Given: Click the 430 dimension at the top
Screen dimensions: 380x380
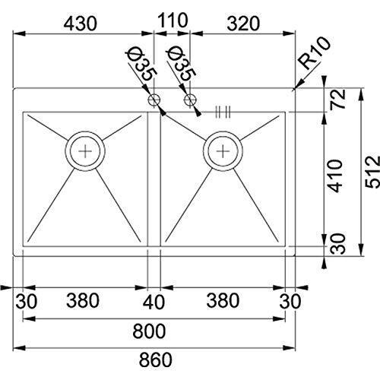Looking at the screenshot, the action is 80,24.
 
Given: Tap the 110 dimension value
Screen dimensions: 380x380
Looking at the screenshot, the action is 173,21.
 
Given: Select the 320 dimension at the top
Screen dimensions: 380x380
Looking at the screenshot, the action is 243,24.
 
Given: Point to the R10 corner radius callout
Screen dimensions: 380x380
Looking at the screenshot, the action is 315,52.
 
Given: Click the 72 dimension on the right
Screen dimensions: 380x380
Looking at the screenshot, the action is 338,99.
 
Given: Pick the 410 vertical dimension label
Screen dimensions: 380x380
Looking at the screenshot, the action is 335,176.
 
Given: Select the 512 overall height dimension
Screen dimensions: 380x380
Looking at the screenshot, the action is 372,172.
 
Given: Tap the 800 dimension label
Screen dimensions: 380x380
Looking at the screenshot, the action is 149,331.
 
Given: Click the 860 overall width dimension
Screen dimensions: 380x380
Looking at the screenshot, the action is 156,359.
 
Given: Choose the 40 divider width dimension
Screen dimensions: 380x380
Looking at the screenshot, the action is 154,302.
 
